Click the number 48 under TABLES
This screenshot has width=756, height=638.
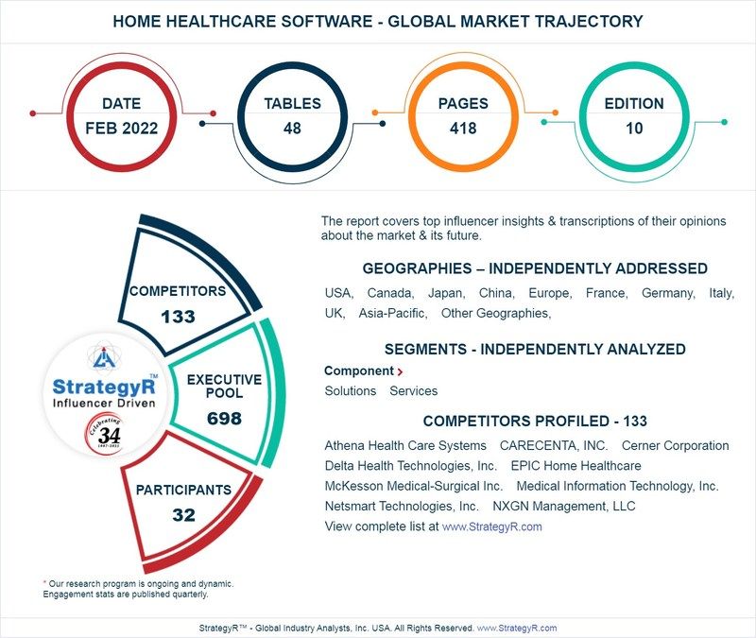[x=292, y=128]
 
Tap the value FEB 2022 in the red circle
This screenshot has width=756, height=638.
[x=121, y=128]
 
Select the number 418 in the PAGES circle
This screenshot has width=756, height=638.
[x=462, y=128]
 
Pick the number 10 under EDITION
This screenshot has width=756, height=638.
[x=634, y=128]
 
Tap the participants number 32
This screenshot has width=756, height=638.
[x=183, y=515]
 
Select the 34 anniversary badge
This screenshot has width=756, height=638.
[x=103, y=437]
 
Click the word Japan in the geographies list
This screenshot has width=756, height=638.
[x=444, y=293]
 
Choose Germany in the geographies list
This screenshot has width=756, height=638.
[x=667, y=293]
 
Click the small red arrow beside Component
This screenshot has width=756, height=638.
[x=401, y=372]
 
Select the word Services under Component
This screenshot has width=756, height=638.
[x=414, y=390]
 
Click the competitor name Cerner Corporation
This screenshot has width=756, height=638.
[x=676, y=445]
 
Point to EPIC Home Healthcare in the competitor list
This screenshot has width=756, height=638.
[x=576, y=465]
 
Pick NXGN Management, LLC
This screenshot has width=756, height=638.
[x=577, y=506]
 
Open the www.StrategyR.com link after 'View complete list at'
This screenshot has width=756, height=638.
[x=492, y=526]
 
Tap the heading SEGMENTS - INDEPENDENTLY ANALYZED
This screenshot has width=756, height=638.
[x=535, y=349]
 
